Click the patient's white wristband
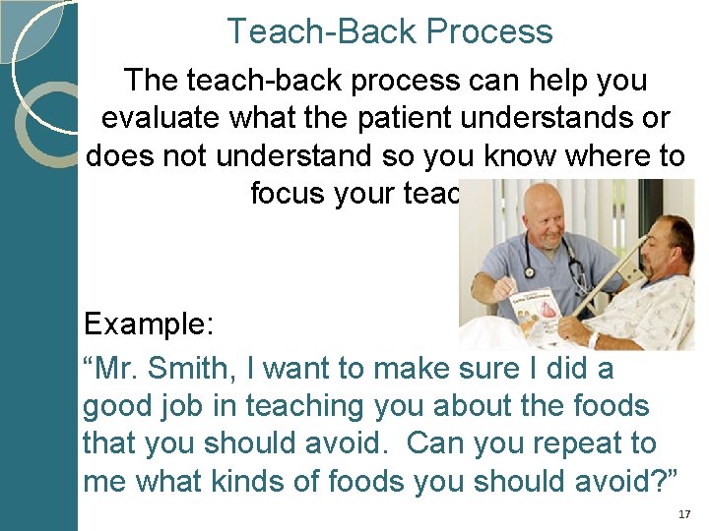[593, 339]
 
